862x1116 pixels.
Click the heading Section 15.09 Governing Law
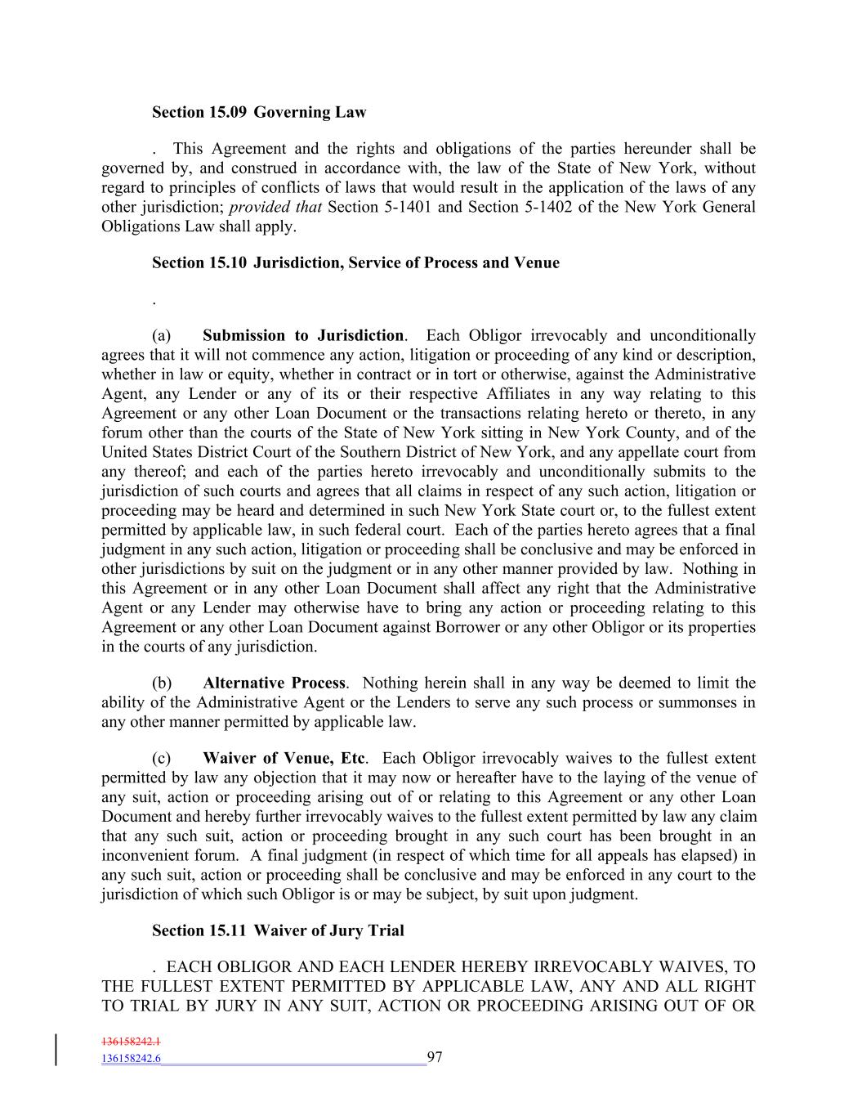[259, 113]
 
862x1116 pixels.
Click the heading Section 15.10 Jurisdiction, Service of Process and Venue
[355, 263]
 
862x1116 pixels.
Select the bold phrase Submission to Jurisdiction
[302, 336]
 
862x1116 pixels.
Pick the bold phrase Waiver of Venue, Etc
[284, 759]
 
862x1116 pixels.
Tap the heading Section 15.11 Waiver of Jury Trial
[278, 931]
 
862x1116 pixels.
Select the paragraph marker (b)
[162, 683]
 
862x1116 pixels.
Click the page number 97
[435, 1058]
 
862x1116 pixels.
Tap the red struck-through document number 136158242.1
[131, 1042]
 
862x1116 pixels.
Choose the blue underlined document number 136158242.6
[131, 1059]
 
